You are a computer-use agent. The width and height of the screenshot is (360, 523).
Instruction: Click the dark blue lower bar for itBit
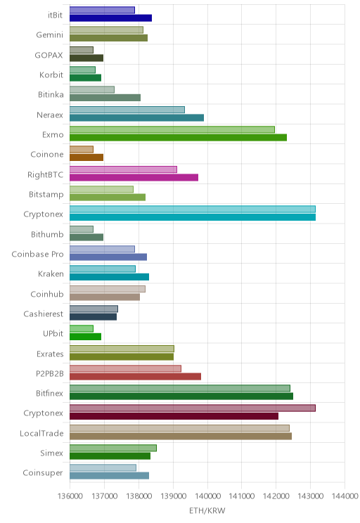[x=110, y=18]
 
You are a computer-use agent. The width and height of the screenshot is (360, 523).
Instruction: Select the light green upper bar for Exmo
[x=172, y=129]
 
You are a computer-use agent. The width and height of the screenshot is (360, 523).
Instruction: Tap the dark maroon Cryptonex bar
[x=174, y=416]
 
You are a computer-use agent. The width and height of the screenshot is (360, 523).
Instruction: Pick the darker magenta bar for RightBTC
[x=134, y=177]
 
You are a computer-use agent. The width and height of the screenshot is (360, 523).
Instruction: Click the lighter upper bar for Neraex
[x=127, y=110]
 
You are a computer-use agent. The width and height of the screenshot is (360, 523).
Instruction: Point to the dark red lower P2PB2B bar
[x=135, y=376]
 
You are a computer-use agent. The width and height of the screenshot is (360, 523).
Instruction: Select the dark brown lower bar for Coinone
[x=86, y=157]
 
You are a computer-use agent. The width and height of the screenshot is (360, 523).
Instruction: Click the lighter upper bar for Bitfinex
[x=180, y=388]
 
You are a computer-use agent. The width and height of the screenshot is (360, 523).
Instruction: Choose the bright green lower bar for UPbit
[x=85, y=337]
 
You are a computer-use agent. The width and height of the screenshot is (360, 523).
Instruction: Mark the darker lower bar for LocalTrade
[x=181, y=436]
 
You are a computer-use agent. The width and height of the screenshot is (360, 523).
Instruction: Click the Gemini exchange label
[x=50, y=34]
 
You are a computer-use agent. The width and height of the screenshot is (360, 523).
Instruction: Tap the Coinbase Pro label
[x=37, y=254]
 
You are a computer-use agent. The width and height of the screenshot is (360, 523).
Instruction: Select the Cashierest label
[x=44, y=314]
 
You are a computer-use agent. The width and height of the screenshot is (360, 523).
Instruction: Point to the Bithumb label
[x=47, y=234]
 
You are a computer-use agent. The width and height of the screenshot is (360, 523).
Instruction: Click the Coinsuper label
[x=43, y=473]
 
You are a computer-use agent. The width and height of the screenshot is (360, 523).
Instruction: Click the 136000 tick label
[x=70, y=496]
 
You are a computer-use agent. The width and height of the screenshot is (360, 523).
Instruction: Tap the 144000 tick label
[x=345, y=496]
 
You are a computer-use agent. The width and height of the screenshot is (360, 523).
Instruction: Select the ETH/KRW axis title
[x=207, y=510]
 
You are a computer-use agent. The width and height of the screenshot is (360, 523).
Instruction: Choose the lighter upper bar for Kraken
[x=103, y=269]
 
